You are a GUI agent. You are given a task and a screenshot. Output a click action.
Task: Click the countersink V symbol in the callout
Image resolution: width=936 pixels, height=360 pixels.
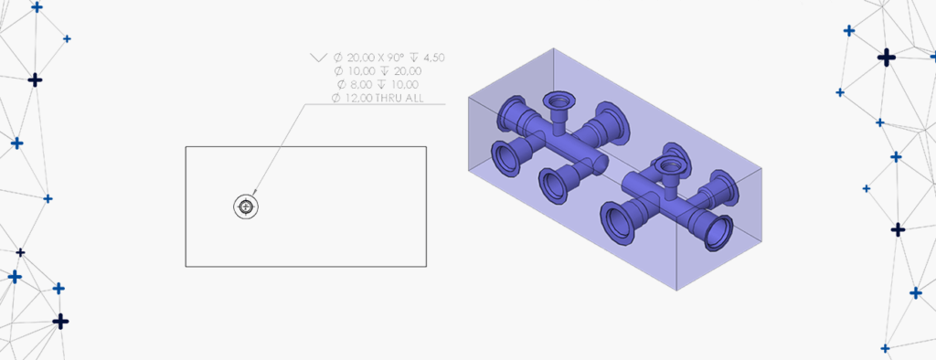(x=318, y=58)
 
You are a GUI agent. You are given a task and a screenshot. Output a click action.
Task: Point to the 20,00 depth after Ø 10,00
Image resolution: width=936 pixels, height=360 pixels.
(x=408, y=71)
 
